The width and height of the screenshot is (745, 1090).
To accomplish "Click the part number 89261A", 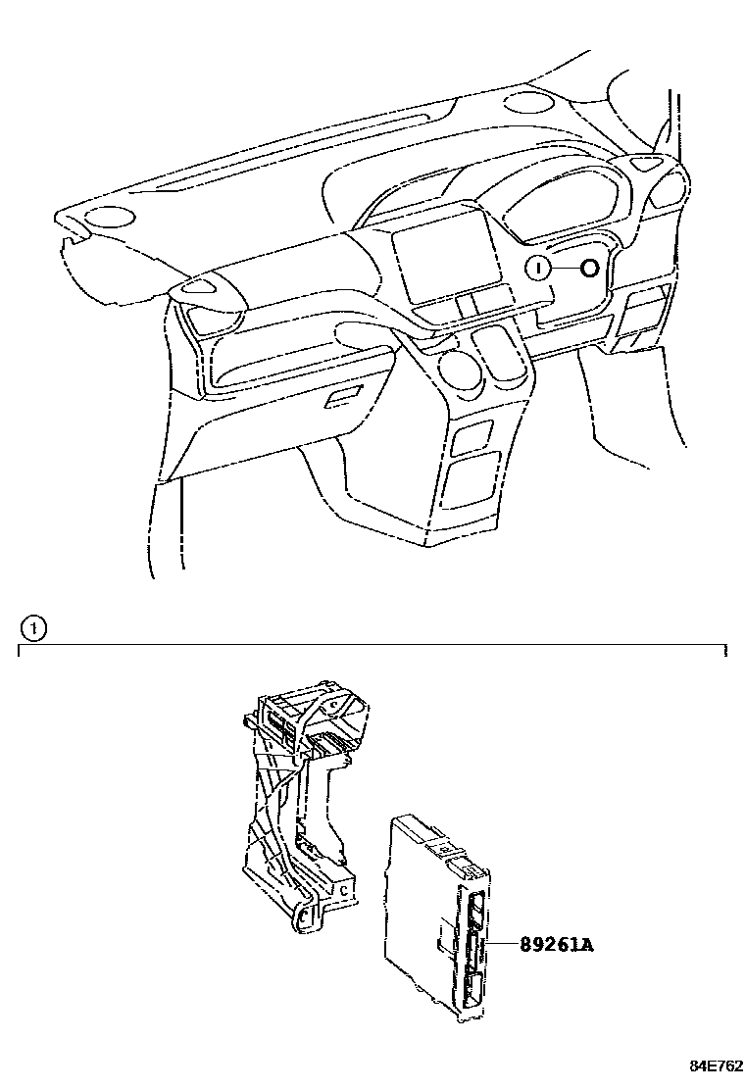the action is tap(557, 944).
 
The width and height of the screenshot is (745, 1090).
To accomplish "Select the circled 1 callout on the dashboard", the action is tap(537, 268).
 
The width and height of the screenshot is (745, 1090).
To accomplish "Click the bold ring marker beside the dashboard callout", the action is tap(588, 268).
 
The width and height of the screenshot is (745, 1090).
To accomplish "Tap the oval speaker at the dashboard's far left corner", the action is tap(110, 217).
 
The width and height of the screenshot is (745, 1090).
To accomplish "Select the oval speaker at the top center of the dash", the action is tap(529, 102).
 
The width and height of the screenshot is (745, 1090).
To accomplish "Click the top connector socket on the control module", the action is tap(477, 910).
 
